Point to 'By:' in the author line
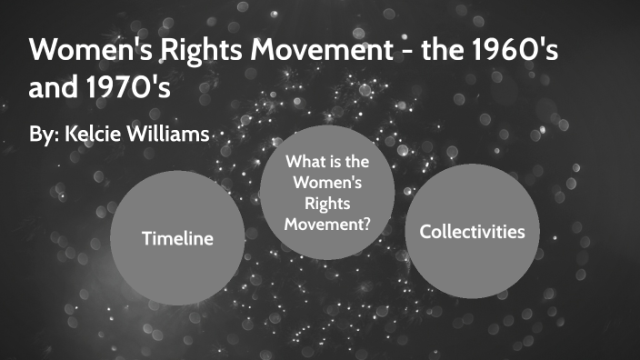[45, 135]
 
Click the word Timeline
[176, 239]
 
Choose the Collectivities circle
[472, 232]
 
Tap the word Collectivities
[472, 232]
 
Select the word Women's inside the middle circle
[326, 184]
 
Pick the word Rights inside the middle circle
[326, 205]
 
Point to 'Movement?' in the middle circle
[326, 225]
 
